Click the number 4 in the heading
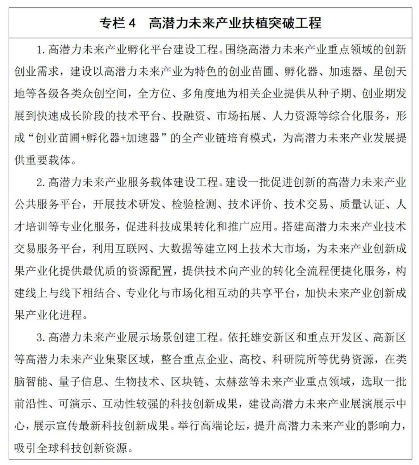[132, 23]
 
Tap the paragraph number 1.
[39, 50]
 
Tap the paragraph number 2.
[39, 182]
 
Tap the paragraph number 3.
[39, 337]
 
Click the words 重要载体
[48, 160]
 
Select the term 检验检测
[194, 205]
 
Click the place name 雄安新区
[272, 337]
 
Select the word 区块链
[188, 382]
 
